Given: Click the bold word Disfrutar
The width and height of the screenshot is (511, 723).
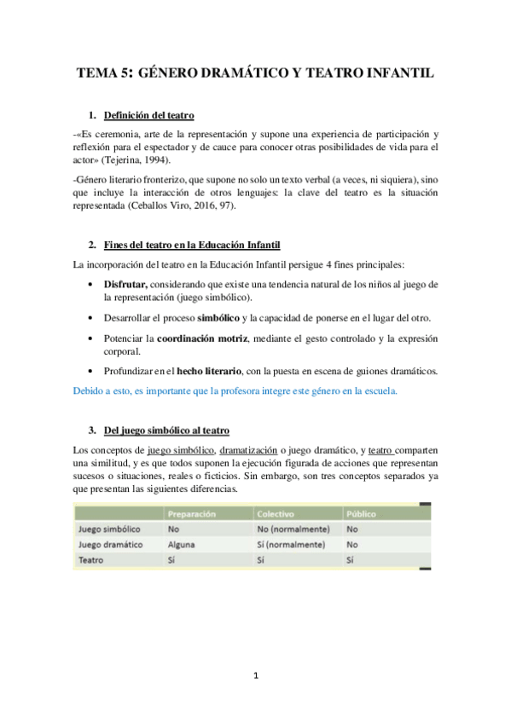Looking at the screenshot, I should (x=126, y=282).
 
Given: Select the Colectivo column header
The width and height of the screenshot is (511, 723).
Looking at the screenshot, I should (x=279, y=514).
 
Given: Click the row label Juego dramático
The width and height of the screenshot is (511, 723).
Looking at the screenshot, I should (x=109, y=544).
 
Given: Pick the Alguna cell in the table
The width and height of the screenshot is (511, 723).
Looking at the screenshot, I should (x=183, y=544).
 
